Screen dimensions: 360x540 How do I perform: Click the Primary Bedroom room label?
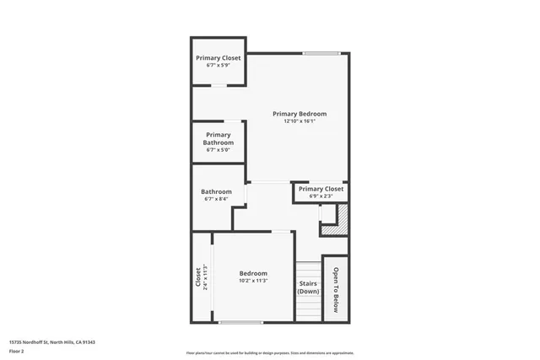pos(299,114)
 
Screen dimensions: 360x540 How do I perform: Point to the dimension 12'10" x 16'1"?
pos(299,121)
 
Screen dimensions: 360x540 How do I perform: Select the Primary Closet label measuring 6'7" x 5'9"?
pos(219,58)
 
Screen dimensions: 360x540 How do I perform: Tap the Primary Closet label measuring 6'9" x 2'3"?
pos(321,190)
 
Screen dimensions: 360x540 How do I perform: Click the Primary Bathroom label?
pos(218,138)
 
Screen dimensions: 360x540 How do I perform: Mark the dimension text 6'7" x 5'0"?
pos(218,151)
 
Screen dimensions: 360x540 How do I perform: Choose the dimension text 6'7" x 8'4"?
pos(216,200)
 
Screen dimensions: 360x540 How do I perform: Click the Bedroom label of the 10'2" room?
pos(253,273)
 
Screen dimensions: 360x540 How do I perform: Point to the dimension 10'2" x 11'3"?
pos(253,281)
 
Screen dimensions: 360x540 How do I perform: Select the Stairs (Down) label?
pos(308,287)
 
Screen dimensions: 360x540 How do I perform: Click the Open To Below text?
pos(335,290)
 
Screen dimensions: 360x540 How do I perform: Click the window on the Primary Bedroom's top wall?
pos(321,54)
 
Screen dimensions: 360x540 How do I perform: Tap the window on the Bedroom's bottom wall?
pos(240,322)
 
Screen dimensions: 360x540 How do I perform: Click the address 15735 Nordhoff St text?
pos(51,341)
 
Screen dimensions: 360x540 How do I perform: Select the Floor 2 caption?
pos(16,350)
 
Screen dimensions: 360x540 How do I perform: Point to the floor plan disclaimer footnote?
pos(270,353)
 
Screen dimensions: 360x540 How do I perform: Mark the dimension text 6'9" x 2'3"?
pos(321,196)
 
